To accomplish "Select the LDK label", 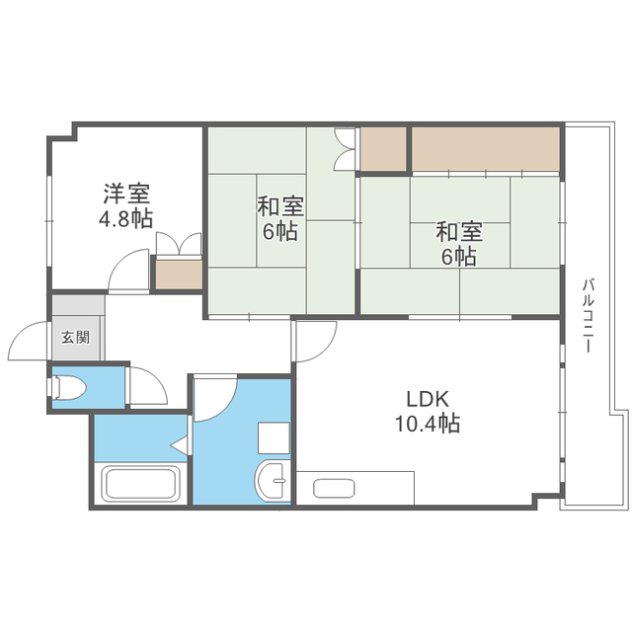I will pos(428,399).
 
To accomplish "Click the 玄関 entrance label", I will pos(76,337).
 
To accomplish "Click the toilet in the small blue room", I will pos(68,387).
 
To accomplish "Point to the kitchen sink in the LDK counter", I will pos(334,487).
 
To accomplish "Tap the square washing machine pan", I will pos(273,437).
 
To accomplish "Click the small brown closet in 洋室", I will pos(178,272).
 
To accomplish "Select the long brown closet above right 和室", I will pos(485,147).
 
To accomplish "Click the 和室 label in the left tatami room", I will pos(280,208).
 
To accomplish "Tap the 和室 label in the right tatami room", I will pos(459,233).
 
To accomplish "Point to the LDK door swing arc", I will pos(314,344).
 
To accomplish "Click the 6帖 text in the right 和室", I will pos(459,257).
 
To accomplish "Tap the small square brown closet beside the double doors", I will pos(382,148).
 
